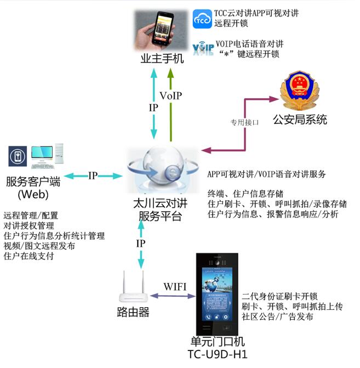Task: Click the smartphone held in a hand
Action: [162, 30]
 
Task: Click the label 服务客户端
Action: [33, 182]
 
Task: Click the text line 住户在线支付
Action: [29, 256]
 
